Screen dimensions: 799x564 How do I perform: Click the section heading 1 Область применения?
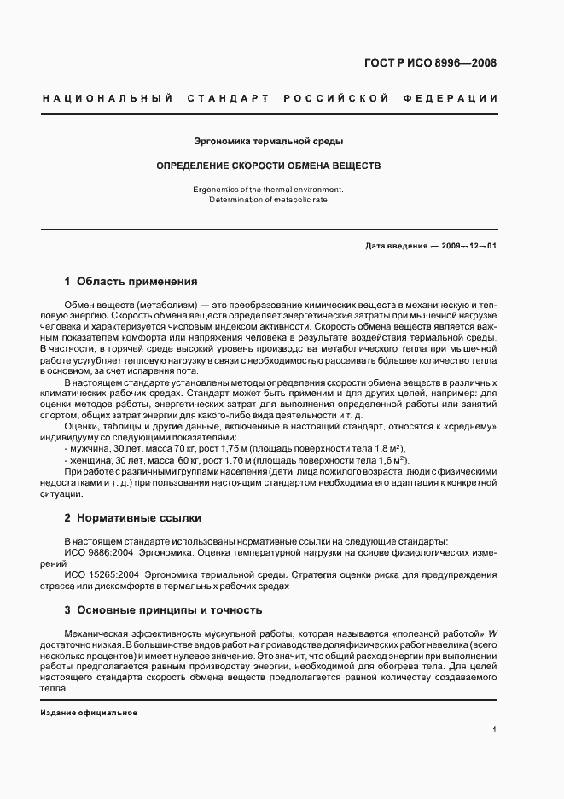131,281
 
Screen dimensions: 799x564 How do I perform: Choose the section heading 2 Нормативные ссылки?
135,518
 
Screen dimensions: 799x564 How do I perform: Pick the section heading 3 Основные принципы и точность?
163,610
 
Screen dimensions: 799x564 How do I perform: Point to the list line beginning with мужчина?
235,449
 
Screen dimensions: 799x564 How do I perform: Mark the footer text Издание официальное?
89,713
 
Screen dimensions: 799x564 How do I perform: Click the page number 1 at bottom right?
494,730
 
